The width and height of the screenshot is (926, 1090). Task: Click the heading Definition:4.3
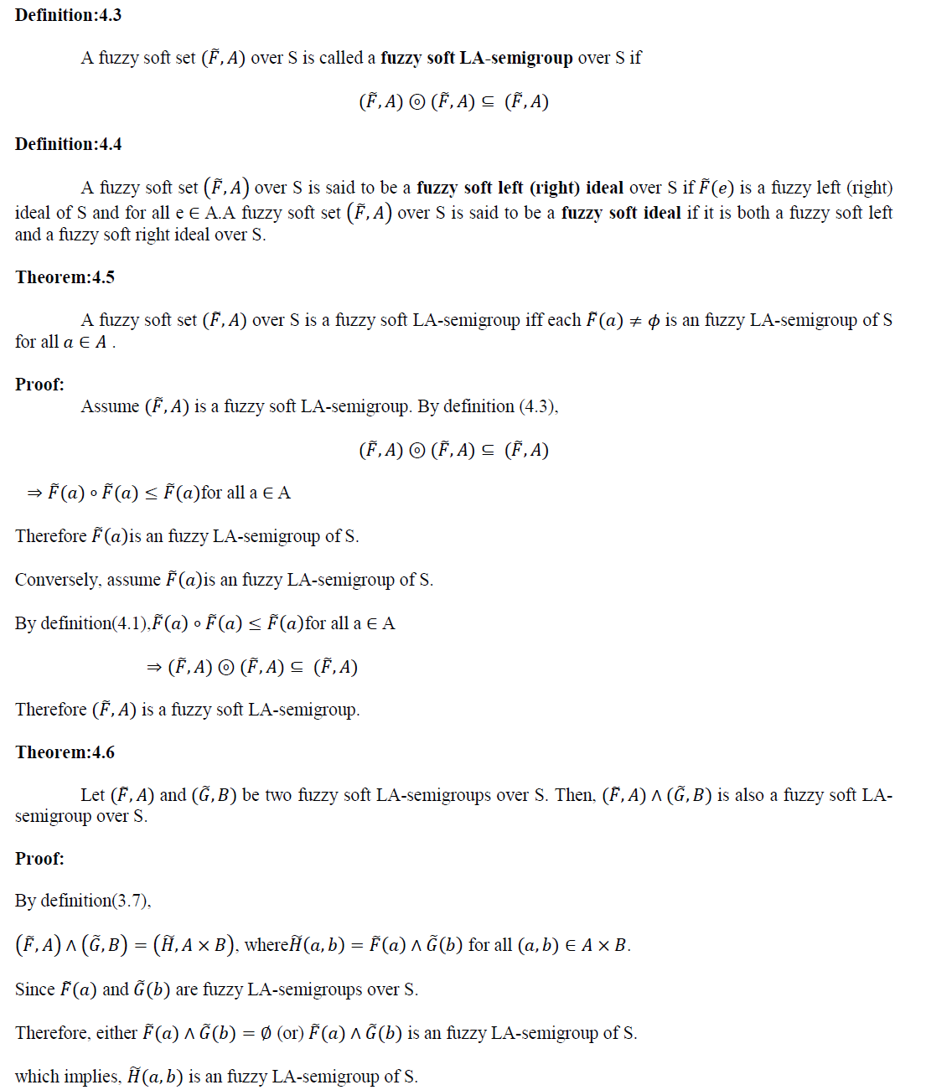(x=68, y=15)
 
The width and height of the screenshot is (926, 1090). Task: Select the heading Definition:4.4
(x=68, y=144)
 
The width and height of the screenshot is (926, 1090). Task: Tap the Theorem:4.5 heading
(x=65, y=277)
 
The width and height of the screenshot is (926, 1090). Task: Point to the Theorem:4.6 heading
(x=65, y=752)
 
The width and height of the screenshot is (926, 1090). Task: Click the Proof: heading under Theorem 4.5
(x=39, y=385)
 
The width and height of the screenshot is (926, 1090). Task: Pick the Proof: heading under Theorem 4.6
(x=39, y=859)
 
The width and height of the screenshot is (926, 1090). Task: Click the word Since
(x=34, y=989)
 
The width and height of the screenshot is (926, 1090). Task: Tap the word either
(x=116, y=1033)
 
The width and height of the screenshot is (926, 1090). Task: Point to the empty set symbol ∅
(x=266, y=1034)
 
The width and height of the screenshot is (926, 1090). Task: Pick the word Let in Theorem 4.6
(x=93, y=795)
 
